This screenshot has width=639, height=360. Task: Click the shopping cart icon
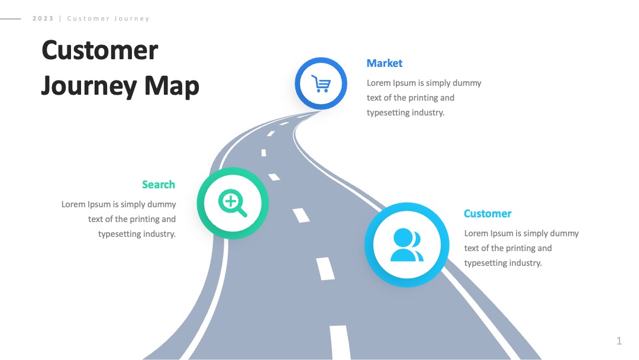coord(321,83)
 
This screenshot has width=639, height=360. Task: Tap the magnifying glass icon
coord(233,202)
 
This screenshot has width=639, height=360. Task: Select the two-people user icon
coord(406,245)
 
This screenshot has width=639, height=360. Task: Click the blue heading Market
coord(385,63)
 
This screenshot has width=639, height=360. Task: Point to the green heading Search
coord(159,185)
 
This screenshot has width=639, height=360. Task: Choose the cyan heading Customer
coord(488,214)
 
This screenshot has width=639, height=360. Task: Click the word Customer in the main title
coord(100,50)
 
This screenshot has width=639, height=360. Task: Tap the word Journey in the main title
coord(89,86)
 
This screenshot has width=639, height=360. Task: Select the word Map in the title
coord(172,86)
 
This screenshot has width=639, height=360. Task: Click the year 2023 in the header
coord(43,18)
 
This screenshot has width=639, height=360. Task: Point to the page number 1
coord(619,341)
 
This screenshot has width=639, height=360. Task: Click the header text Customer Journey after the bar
coord(108,18)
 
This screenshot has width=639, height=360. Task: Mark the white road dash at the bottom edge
coord(340,342)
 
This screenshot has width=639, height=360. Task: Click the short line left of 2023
coord(11,19)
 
